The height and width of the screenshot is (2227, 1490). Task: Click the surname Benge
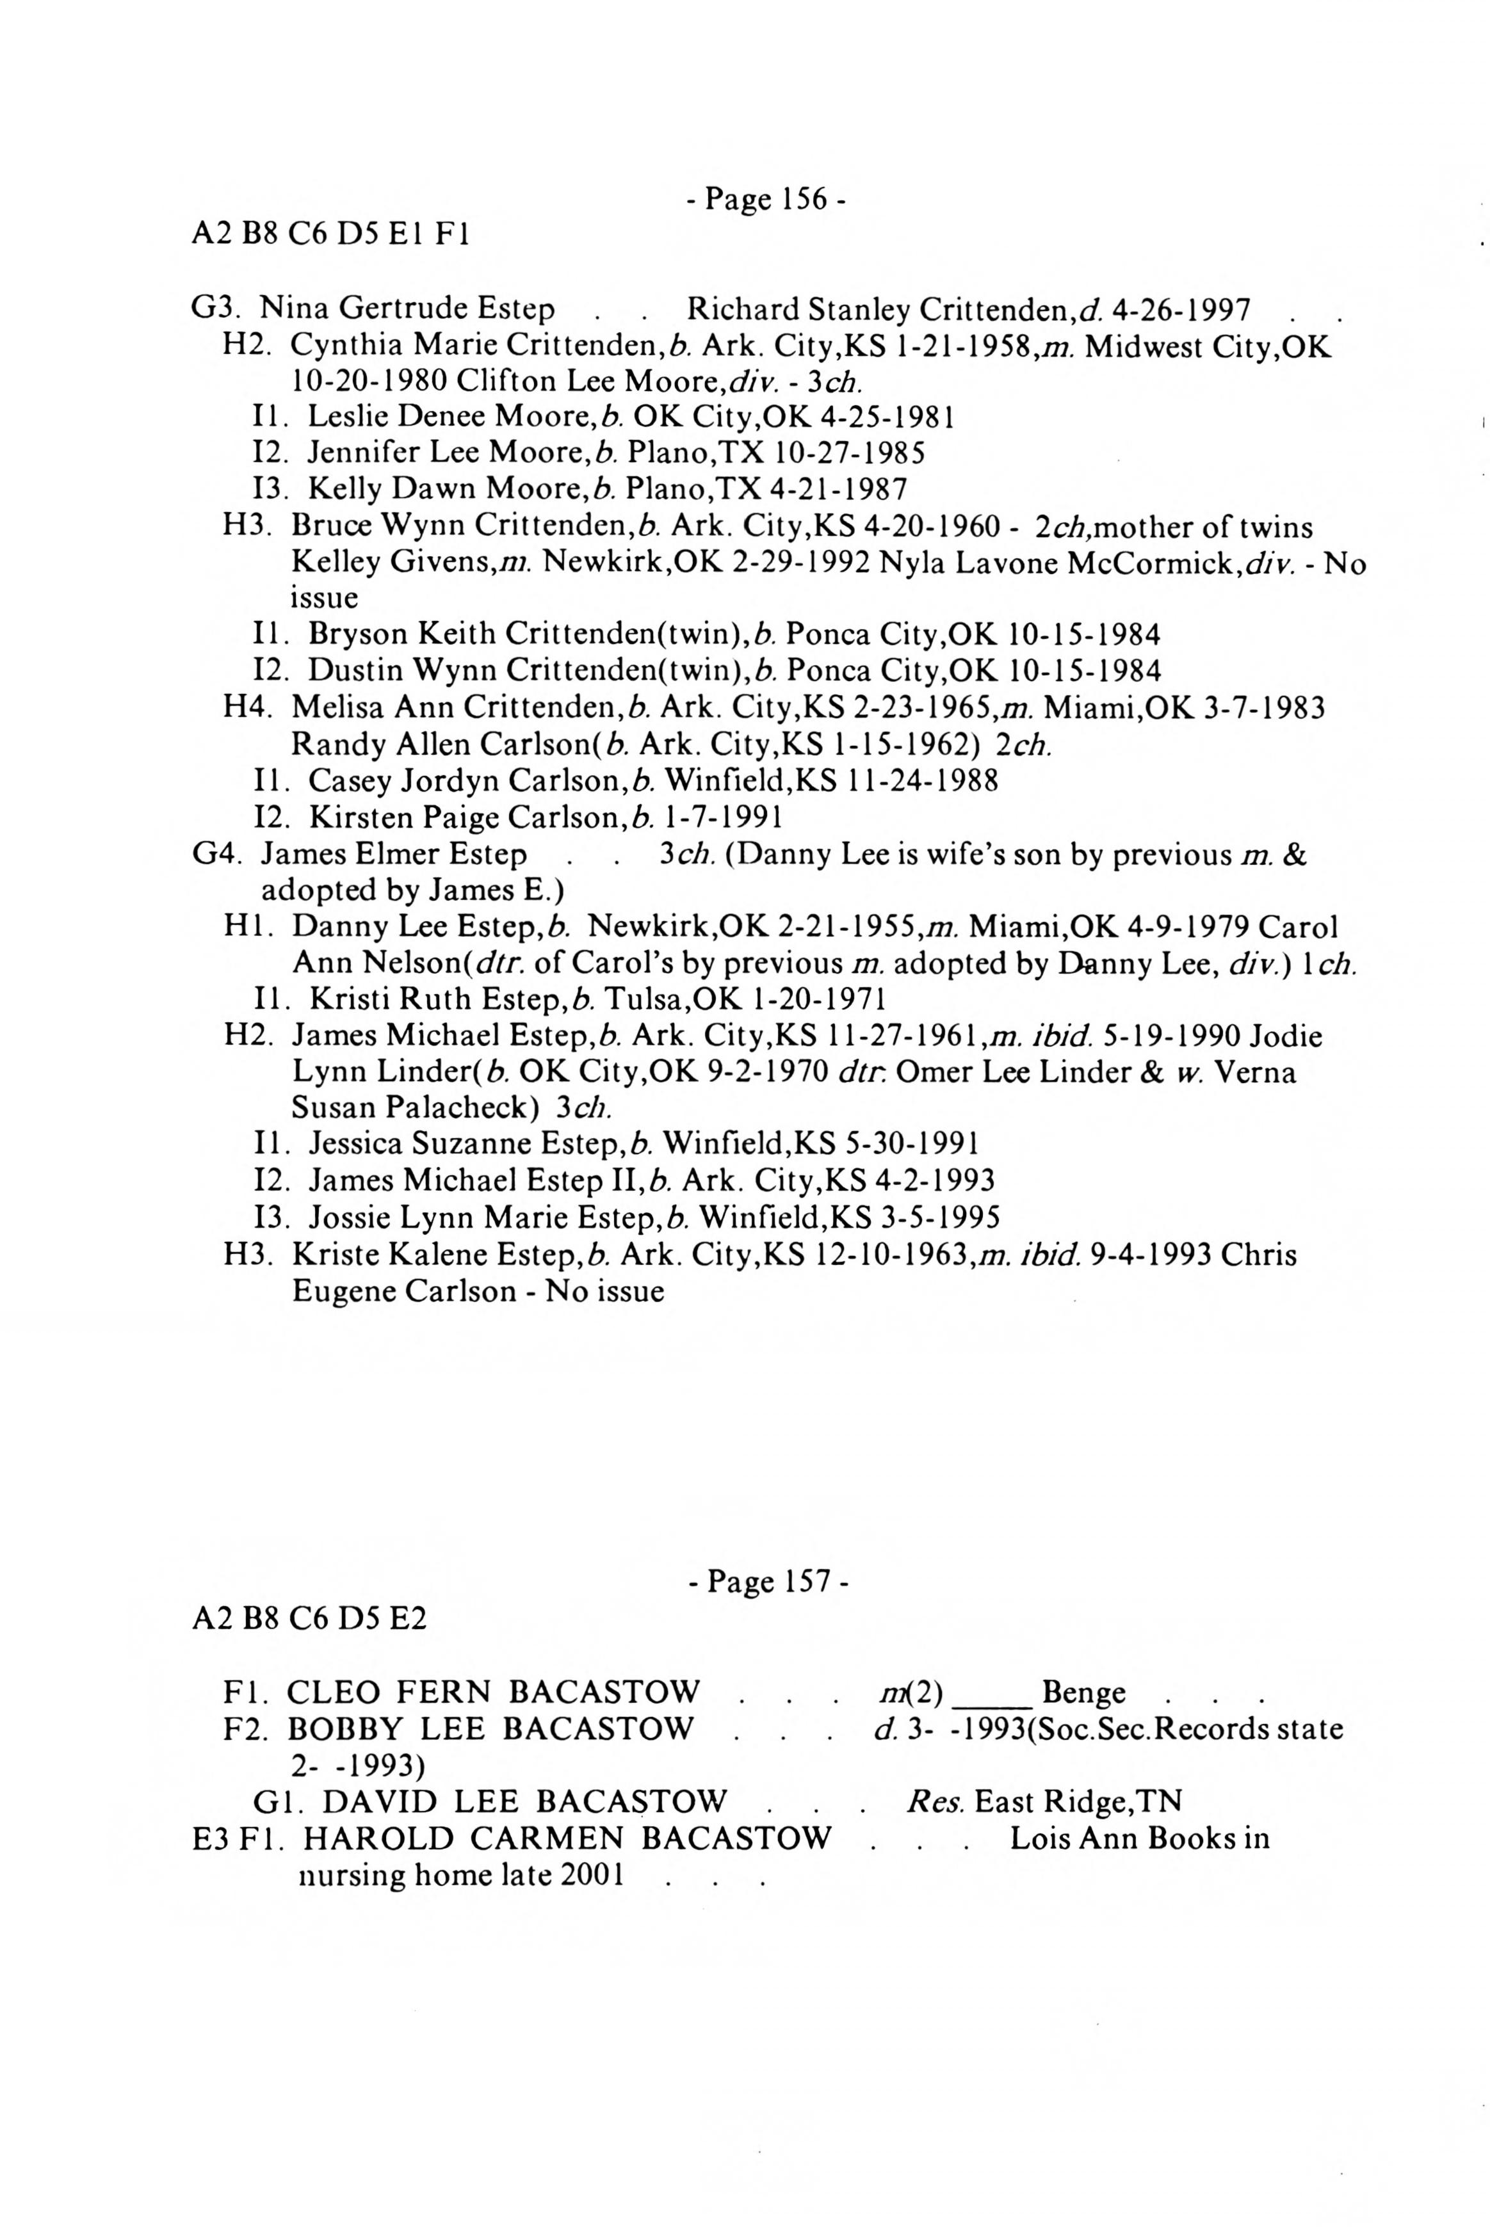pyautogui.click(x=1083, y=1692)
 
